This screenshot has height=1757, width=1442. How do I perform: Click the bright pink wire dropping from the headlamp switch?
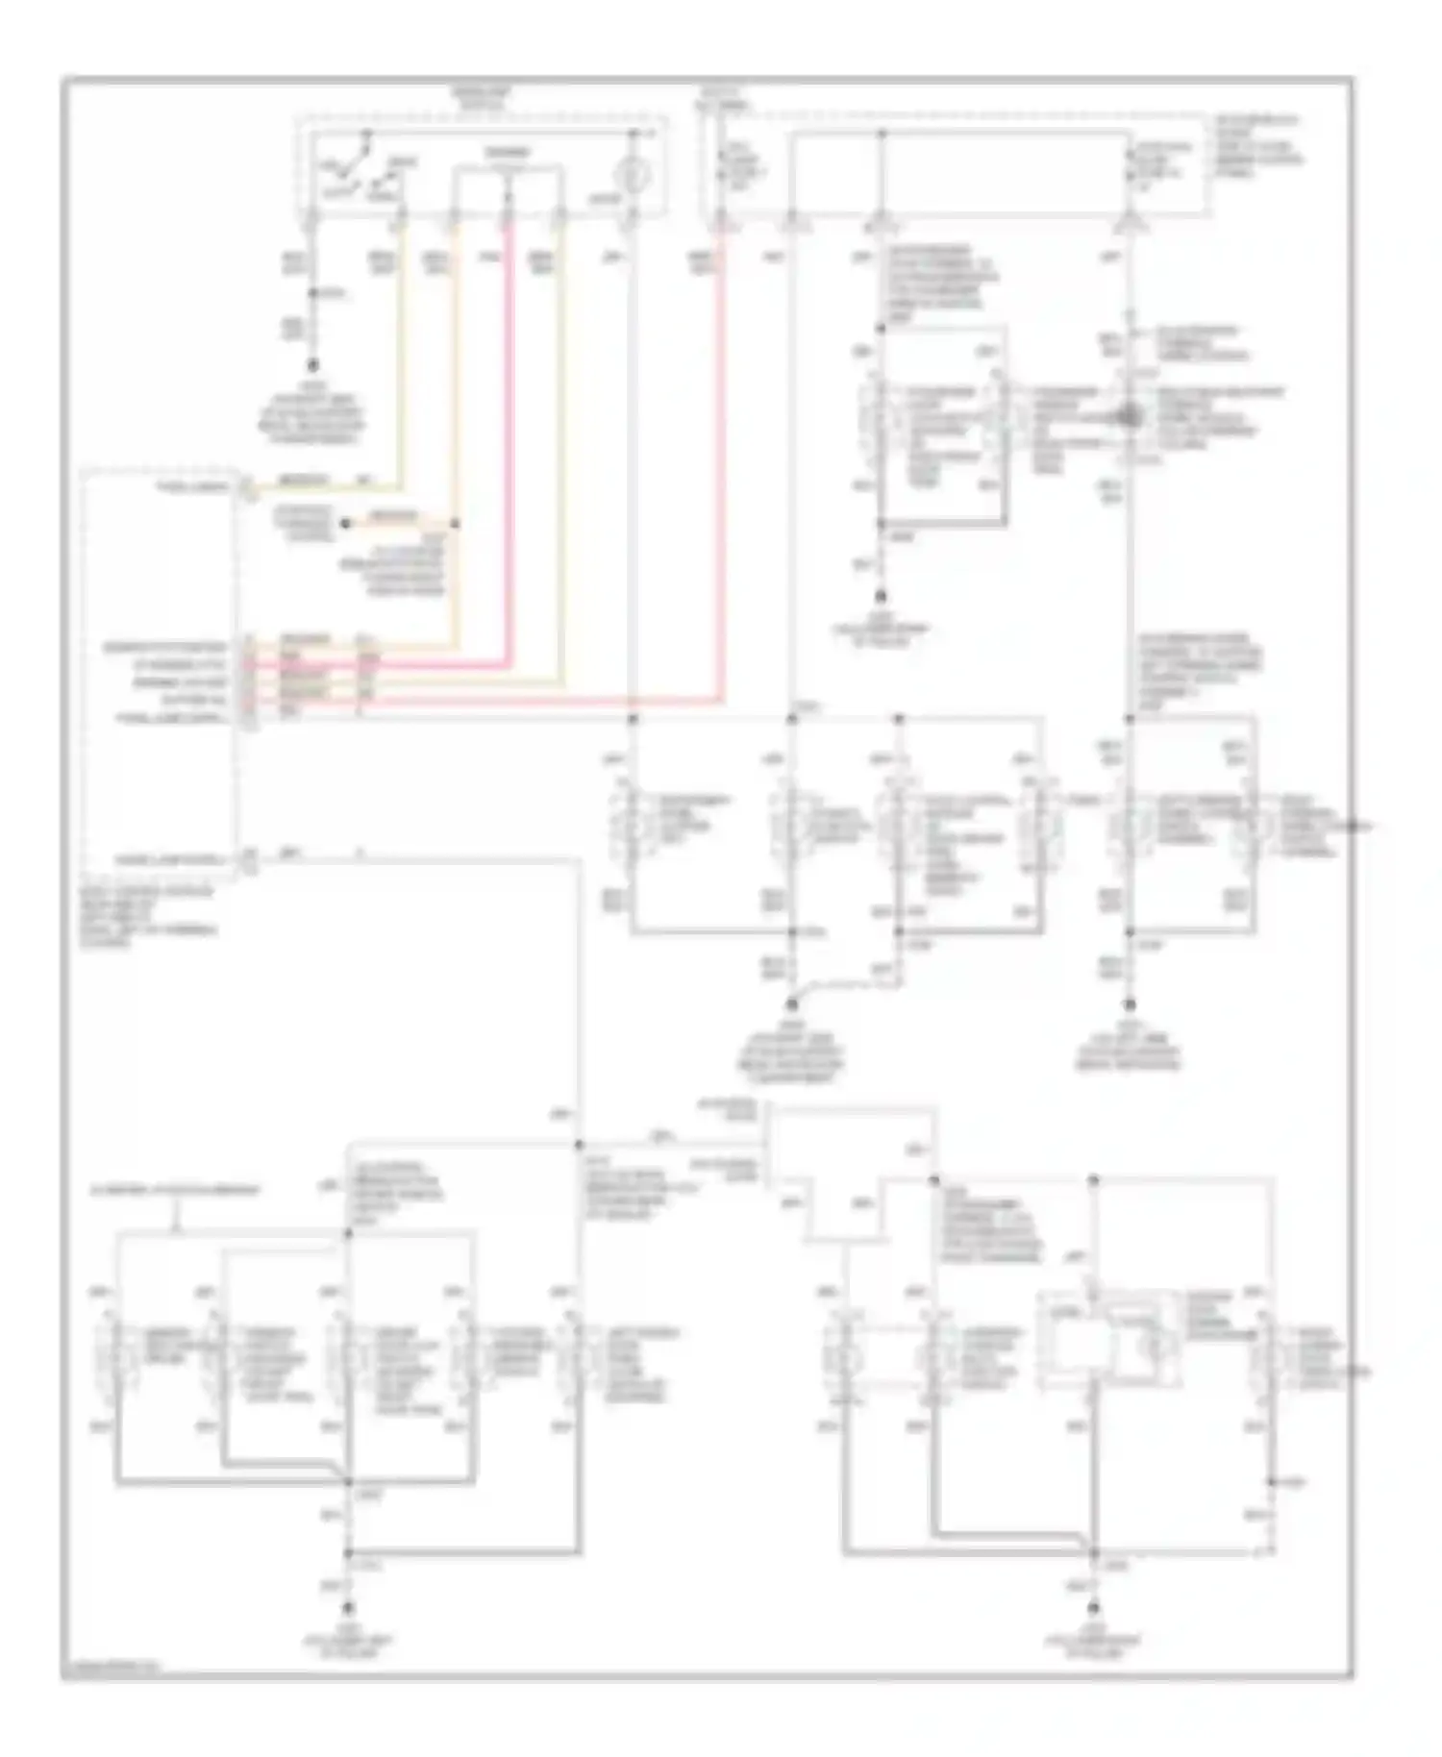510,433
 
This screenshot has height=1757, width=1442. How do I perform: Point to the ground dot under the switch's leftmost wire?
312,366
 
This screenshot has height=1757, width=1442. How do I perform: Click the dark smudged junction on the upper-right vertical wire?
1129,416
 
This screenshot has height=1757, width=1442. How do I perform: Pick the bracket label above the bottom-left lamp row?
175,1190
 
